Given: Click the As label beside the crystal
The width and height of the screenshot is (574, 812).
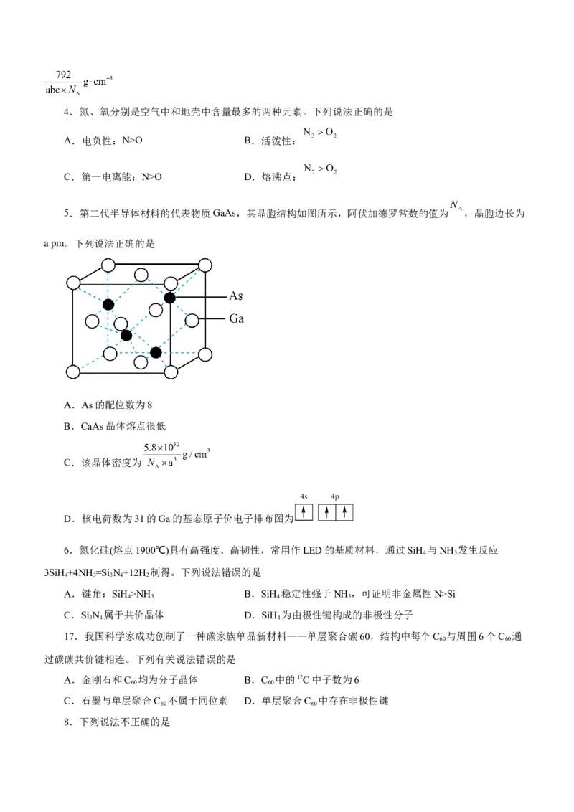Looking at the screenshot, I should tap(237, 296).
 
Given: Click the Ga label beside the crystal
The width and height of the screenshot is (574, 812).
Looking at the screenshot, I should tap(237, 320).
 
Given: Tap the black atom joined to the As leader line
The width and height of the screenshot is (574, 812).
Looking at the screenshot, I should tap(169, 297).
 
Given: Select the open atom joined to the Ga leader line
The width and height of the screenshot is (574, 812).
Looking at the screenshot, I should tap(192, 320).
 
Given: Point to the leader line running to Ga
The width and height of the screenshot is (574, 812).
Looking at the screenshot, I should tap(213, 320).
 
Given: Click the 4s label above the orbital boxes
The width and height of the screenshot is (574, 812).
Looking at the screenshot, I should tap(304, 496).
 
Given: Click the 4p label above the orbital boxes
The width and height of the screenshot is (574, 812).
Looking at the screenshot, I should tap(333, 496).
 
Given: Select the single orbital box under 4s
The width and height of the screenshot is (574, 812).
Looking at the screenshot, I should tap(304, 512).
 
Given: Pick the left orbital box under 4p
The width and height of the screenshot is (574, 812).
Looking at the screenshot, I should tap(326, 512).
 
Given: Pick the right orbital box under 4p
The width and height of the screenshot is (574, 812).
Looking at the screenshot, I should tap(345, 512).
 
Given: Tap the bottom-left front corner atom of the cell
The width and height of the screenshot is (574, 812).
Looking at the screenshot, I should tap(72, 373).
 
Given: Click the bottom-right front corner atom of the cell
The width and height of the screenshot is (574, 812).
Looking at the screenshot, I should tap(171, 373).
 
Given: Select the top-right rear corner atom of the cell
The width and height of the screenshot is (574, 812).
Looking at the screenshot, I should tap(205, 265).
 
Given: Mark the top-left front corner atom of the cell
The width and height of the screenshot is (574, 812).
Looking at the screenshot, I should tap(72, 283).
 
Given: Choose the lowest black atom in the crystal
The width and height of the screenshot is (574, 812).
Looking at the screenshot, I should tap(156, 352).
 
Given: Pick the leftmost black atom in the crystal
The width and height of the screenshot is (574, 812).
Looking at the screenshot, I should tap(108, 305).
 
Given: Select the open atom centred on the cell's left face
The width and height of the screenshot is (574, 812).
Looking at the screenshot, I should tap(92, 321).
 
